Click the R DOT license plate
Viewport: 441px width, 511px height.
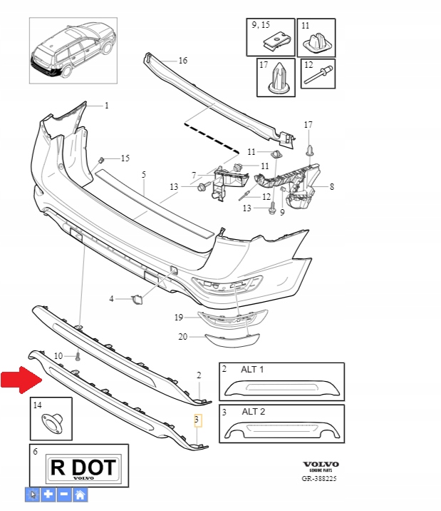click(x=82, y=468)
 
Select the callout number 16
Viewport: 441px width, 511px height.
click(x=182, y=61)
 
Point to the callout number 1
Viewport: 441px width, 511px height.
click(x=107, y=106)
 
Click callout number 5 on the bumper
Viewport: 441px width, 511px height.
click(x=143, y=174)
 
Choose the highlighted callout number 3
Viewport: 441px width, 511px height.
click(x=198, y=420)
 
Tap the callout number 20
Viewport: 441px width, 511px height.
click(x=182, y=336)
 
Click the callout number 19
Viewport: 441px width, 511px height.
click(x=180, y=317)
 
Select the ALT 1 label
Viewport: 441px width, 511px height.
click(x=251, y=370)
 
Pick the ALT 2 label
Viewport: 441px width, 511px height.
click(x=251, y=413)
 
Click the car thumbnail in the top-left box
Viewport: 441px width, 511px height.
click(x=71, y=50)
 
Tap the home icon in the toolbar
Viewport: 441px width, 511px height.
click(x=81, y=494)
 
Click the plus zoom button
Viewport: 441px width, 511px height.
click(x=48, y=494)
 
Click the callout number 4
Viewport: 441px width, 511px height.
click(x=112, y=299)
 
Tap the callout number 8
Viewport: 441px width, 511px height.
click(x=331, y=187)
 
